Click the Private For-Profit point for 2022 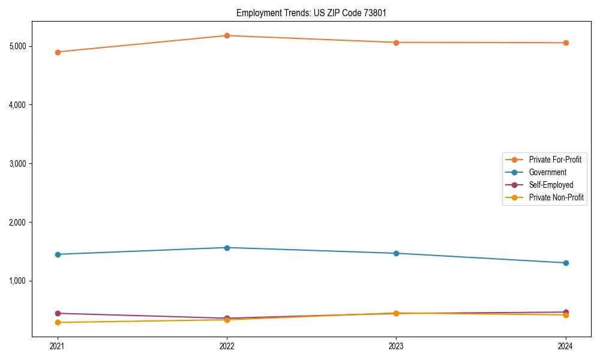[x=227, y=36]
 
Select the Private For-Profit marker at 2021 [x=58, y=52]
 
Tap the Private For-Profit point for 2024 [x=566, y=43]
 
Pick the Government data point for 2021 [x=58, y=254]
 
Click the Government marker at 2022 [x=227, y=248]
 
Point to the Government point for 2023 [x=396, y=253]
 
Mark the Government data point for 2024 [x=566, y=263]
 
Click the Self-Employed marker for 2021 [x=58, y=313]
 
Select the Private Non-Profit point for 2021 [x=58, y=323]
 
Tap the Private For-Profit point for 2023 [x=396, y=43]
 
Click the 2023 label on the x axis [x=396, y=346]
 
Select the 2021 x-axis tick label [x=58, y=346]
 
